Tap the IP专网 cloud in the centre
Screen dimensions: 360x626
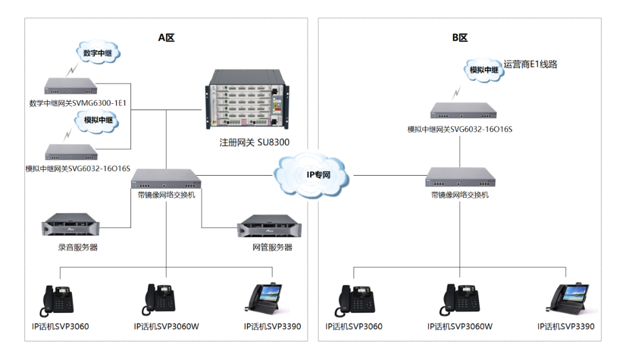tap(313, 174)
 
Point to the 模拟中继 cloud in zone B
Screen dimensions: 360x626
tap(484, 69)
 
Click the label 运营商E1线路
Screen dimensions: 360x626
tap(530, 64)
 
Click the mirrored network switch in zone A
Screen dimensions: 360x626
tap(166, 179)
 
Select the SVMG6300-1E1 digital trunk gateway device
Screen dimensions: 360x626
tap(71, 88)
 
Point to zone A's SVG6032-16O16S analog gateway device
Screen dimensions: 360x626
tap(71, 152)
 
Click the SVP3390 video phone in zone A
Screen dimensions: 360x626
tap(265, 299)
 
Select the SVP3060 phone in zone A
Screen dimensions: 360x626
tap(59, 300)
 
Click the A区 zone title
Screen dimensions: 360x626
tap(166, 38)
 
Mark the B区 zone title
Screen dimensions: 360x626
tap(460, 38)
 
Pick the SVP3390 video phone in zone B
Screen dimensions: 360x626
tap(569, 299)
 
